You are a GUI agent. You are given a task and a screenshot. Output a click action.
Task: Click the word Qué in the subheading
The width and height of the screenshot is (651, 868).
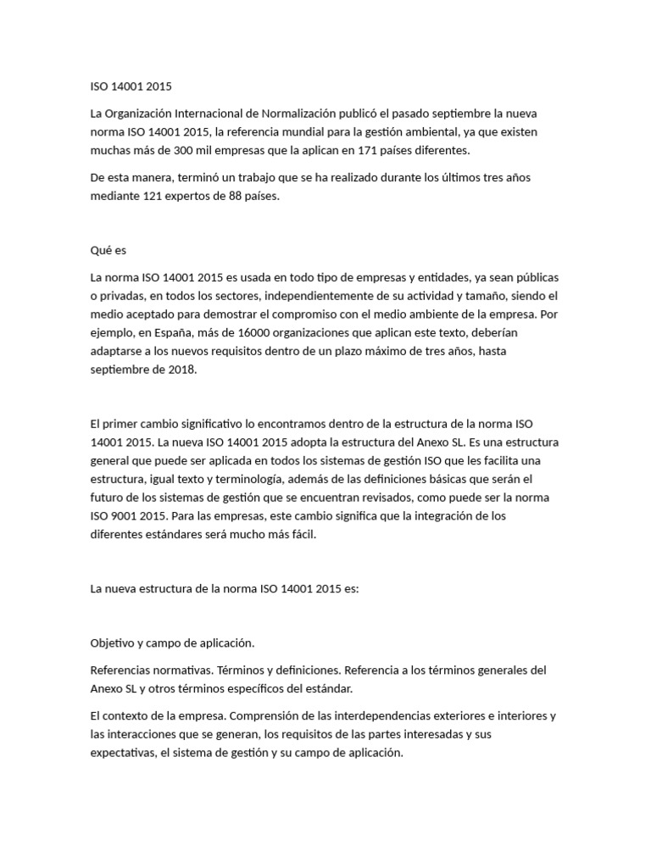pyautogui.click(x=101, y=251)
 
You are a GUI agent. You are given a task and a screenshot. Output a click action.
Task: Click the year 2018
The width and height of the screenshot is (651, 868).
pyautogui.click(x=181, y=370)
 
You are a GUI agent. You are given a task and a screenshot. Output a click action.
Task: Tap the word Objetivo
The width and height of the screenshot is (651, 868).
pyautogui.click(x=114, y=644)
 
